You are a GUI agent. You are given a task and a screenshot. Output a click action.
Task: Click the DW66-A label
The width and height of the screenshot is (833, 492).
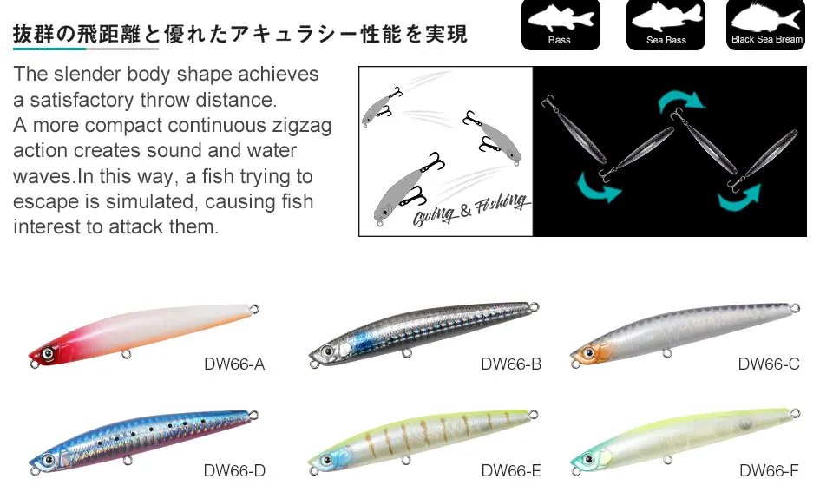(234, 364)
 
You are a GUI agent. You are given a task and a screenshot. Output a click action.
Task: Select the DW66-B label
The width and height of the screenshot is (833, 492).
(511, 364)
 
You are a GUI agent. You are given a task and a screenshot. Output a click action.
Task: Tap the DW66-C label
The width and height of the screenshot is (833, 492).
(769, 364)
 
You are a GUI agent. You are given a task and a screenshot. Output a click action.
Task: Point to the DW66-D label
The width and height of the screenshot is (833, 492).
(234, 471)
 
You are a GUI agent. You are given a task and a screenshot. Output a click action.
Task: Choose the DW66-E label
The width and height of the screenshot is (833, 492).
(511, 471)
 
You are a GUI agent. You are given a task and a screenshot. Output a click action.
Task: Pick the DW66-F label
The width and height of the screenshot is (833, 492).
(769, 471)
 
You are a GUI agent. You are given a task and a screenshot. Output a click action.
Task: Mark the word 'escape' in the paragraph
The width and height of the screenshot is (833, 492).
(43, 202)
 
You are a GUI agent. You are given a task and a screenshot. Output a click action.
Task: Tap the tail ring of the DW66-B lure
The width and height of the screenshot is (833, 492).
(535, 306)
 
